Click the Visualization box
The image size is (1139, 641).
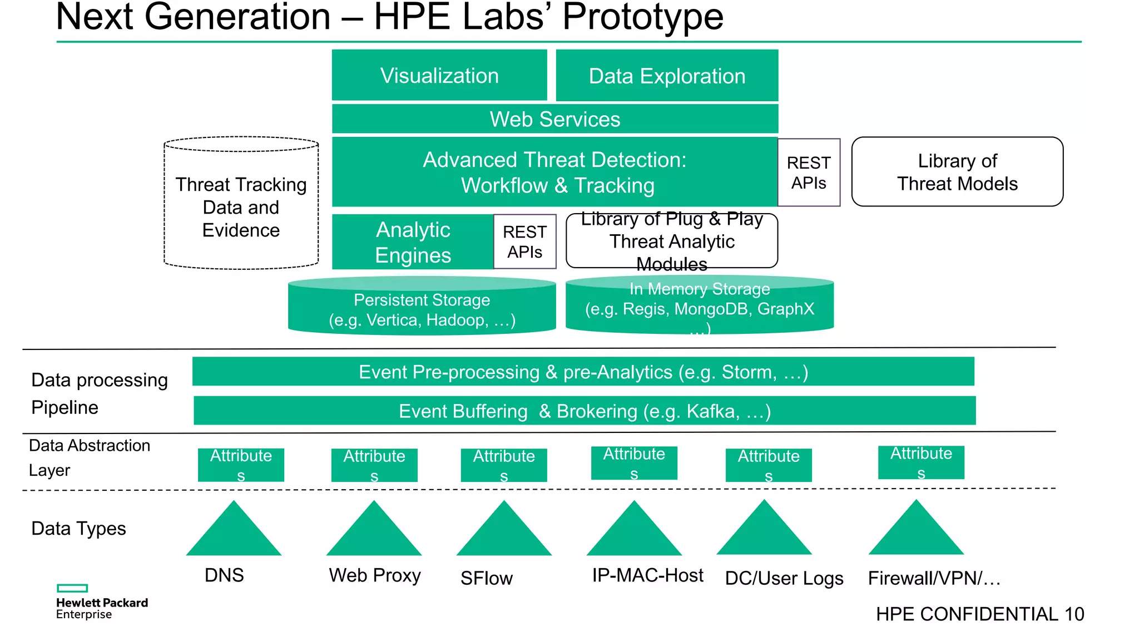tap(439, 75)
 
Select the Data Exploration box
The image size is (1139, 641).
tap(667, 75)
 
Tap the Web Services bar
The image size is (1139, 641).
tap(554, 119)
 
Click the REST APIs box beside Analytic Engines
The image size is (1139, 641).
tap(524, 241)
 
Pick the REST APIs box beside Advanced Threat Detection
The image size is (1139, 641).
tap(809, 172)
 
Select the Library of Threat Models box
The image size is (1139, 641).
tap(957, 172)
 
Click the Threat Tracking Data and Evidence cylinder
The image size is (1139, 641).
tap(241, 207)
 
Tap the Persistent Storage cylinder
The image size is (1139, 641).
tap(422, 309)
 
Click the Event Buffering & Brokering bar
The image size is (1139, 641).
tap(585, 411)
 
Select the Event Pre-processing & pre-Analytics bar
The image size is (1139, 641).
tap(583, 372)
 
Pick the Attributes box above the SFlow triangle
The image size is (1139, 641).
tap(504, 465)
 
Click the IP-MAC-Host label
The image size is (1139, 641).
tap(647, 575)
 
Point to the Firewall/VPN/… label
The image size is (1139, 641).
tap(934, 578)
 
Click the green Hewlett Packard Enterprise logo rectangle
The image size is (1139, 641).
tap(72, 588)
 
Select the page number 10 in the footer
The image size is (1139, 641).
tap(1074, 614)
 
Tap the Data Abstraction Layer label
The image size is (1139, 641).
tap(89, 457)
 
